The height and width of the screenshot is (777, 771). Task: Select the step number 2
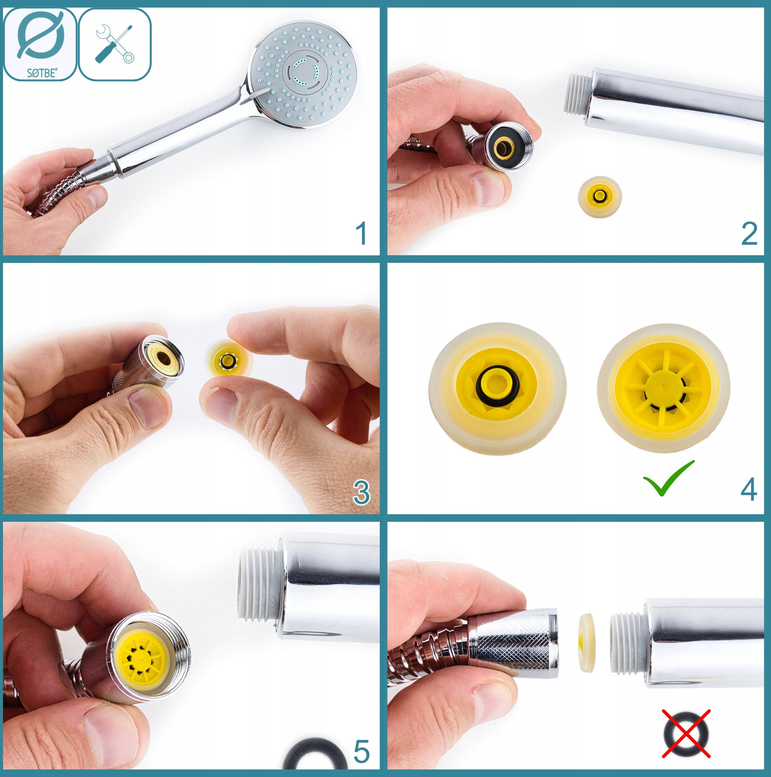tap(749, 233)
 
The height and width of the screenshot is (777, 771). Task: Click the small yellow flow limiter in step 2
tap(600, 197)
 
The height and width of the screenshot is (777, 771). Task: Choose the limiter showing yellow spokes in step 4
tap(663, 388)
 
